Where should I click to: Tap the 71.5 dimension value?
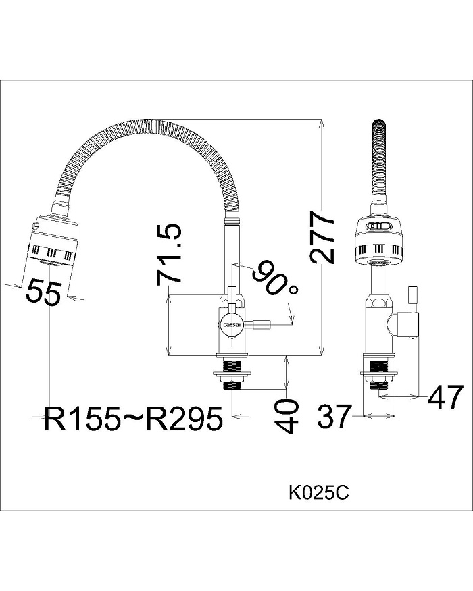169,255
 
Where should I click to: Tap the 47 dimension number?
445,398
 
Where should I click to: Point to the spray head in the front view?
380,242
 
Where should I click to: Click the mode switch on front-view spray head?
378,227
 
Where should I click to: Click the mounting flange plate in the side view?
232,372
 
